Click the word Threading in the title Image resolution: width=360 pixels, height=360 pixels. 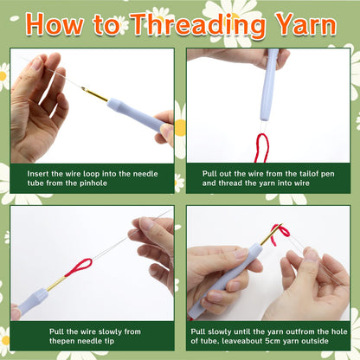pyautogui.click(x=198, y=26)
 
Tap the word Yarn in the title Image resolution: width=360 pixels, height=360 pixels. pyautogui.click(x=305, y=24)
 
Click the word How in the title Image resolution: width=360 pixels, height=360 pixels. pyautogui.click(x=55, y=24)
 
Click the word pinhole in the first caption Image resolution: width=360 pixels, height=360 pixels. pyautogui.click(x=93, y=183)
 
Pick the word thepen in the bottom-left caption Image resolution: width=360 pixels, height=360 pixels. pyautogui.click(x=61, y=341)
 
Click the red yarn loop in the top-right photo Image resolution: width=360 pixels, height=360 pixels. pyautogui.click(x=261, y=147)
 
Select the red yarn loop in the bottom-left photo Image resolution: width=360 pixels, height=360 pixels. pyautogui.click(x=79, y=267)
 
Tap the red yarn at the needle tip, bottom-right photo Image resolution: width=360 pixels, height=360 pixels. pyautogui.click(x=280, y=232)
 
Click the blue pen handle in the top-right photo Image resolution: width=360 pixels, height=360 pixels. pyautogui.click(x=269, y=85)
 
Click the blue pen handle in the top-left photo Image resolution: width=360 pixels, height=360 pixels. pyautogui.click(x=136, y=114)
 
